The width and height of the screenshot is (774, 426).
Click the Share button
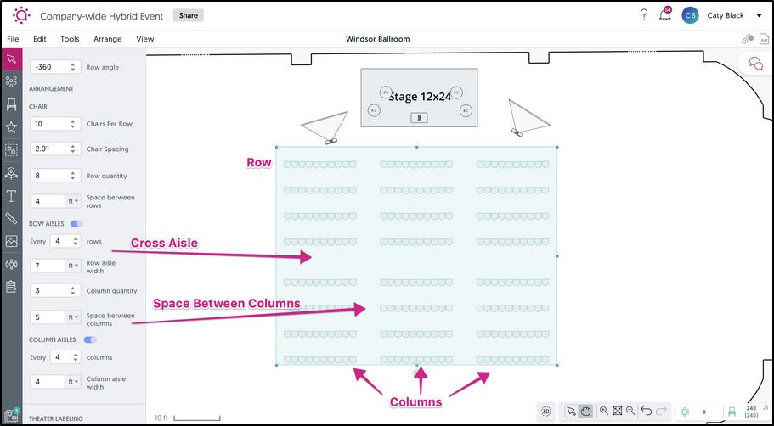(188, 15)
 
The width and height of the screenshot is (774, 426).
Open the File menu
(13, 39)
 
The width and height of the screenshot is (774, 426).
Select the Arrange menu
(107, 39)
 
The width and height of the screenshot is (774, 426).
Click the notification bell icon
(664, 15)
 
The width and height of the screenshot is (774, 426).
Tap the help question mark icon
(644, 15)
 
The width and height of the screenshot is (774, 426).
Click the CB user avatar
(690, 15)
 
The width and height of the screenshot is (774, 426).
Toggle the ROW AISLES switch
(76, 224)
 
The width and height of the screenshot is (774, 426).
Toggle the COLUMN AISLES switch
(89, 339)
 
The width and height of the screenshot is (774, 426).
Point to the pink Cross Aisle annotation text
(164, 244)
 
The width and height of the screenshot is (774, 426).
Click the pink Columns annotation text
(416, 401)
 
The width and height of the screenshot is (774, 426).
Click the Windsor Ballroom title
(378, 39)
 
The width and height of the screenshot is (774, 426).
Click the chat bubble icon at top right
(754, 63)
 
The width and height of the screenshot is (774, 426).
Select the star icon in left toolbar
(11, 127)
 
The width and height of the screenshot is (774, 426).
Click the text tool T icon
(11, 196)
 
